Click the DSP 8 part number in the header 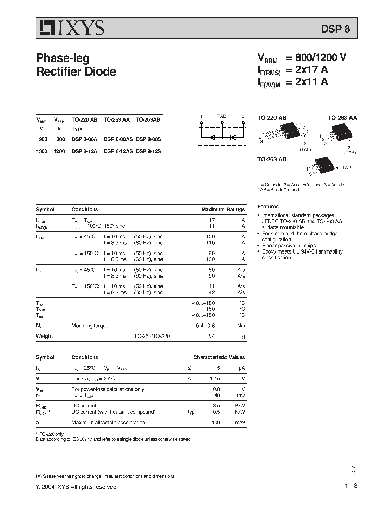tap(343, 30)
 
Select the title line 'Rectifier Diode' tap(76, 72)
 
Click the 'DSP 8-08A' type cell tap(83, 140)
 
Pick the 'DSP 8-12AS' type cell tap(118, 151)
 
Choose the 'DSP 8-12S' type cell tap(148, 151)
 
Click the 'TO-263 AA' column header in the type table tap(117, 119)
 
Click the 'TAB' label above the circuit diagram tap(221, 116)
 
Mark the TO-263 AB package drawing tap(323, 165)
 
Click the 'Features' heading tap(268, 207)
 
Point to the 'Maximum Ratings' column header tap(223, 210)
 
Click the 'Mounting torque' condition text tap(90, 326)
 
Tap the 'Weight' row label tap(44, 337)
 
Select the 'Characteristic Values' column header tap(219, 358)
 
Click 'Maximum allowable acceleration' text tap(108, 423)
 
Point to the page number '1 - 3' tap(351, 486)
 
